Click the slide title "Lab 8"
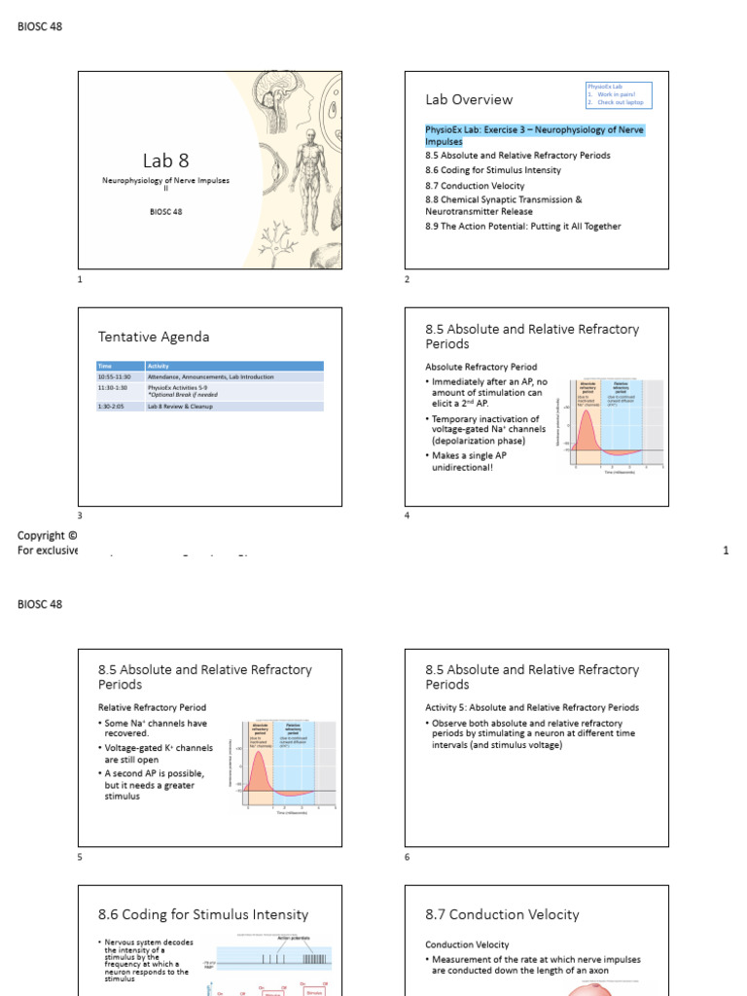click(165, 161)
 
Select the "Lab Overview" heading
click(469, 99)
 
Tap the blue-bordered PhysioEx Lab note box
click(618, 94)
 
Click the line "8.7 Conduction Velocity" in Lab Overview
click(475, 185)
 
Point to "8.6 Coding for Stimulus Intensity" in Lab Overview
click(493, 170)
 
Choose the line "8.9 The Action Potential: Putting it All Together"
click(522, 227)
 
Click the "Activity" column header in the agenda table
click(158, 366)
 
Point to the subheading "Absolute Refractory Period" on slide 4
click(481, 367)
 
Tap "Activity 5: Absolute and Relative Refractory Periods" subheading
click(532, 707)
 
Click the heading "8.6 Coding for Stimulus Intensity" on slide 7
click(203, 914)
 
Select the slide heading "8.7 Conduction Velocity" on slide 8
click(502, 914)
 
